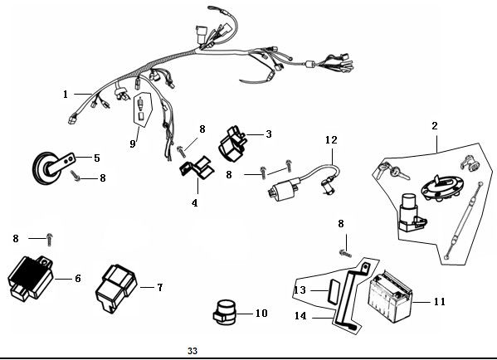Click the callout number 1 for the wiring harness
(x=66, y=95)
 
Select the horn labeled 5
(x=53, y=168)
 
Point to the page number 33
(x=192, y=351)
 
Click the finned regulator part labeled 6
(x=31, y=278)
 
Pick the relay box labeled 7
(x=116, y=288)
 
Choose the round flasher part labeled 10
(x=225, y=312)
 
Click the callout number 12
(x=331, y=139)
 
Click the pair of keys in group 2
(x=392, y=171)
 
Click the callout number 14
(x=300, y=316)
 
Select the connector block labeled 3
(x=232, y=144)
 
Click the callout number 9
(x=133, y=144)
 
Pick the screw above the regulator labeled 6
(x=50, y=240)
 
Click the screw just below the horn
(x=76, y=176)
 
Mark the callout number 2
(x=435, y=126)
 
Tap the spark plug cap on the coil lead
(x=327, y=187)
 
